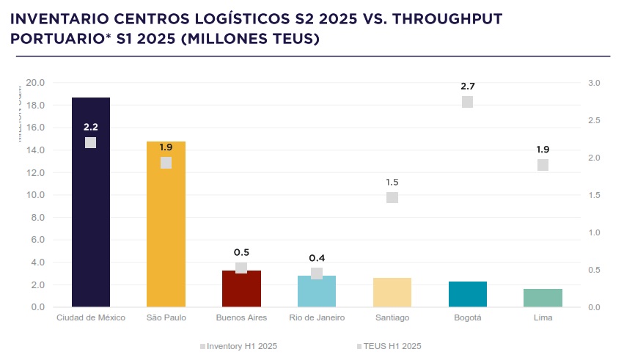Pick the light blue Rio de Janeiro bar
tap(317, 293)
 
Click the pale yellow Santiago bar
tap(392, 293)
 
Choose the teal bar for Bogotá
tap(468, 294)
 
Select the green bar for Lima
tap(543, 298)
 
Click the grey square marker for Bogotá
tap(468, 102)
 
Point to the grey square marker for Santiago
tap(392, 197)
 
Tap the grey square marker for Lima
tap(543, 165)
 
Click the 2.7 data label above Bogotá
tap(468, 87)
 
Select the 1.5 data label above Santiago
tap(392, 182)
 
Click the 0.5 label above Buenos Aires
tap(241, 252)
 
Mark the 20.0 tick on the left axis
tap(35, 83)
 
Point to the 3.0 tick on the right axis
tap(594, 83)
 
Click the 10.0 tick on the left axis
tap(35, 195)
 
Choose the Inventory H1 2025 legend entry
tap(238, 345)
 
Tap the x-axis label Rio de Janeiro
tap(317, 317)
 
